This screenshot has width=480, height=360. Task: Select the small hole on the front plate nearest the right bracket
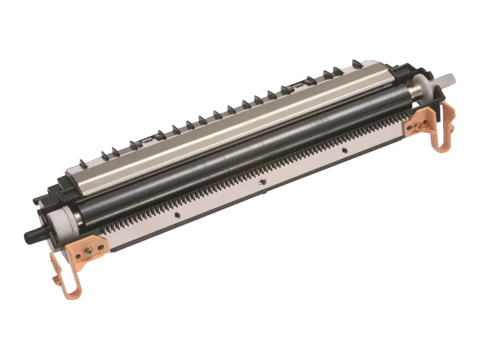[345, 150]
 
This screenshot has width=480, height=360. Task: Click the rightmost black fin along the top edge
[356, 62]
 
